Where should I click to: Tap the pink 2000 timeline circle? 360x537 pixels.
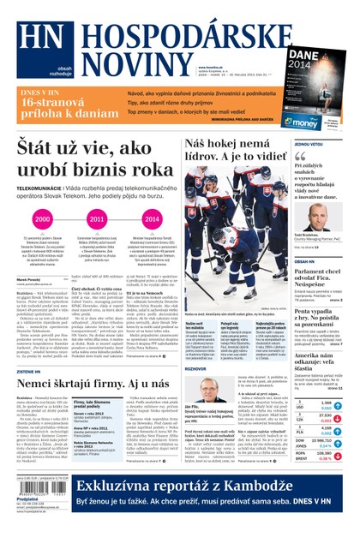point(43,220)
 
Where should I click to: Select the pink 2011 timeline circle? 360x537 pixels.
point(97,220)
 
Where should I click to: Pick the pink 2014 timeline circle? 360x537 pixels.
point(151,220)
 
